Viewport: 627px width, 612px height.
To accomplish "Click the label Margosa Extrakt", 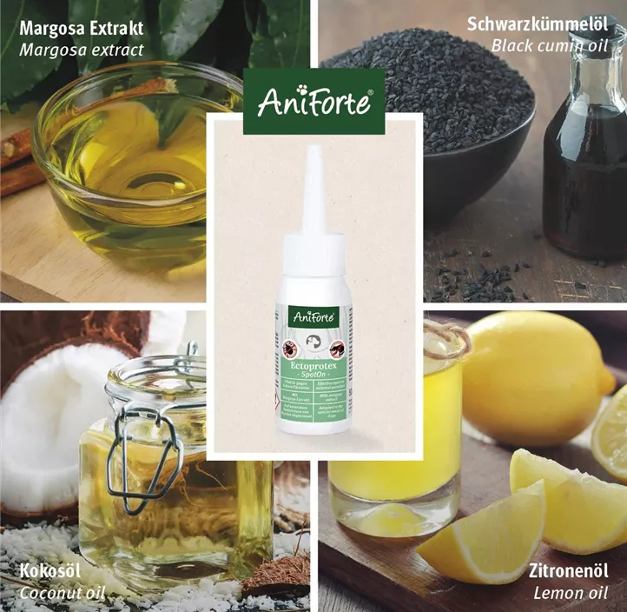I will pos(82,29).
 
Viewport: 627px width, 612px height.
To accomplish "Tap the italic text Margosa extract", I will pos(82,50).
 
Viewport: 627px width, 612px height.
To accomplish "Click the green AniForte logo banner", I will pos(313,103).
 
